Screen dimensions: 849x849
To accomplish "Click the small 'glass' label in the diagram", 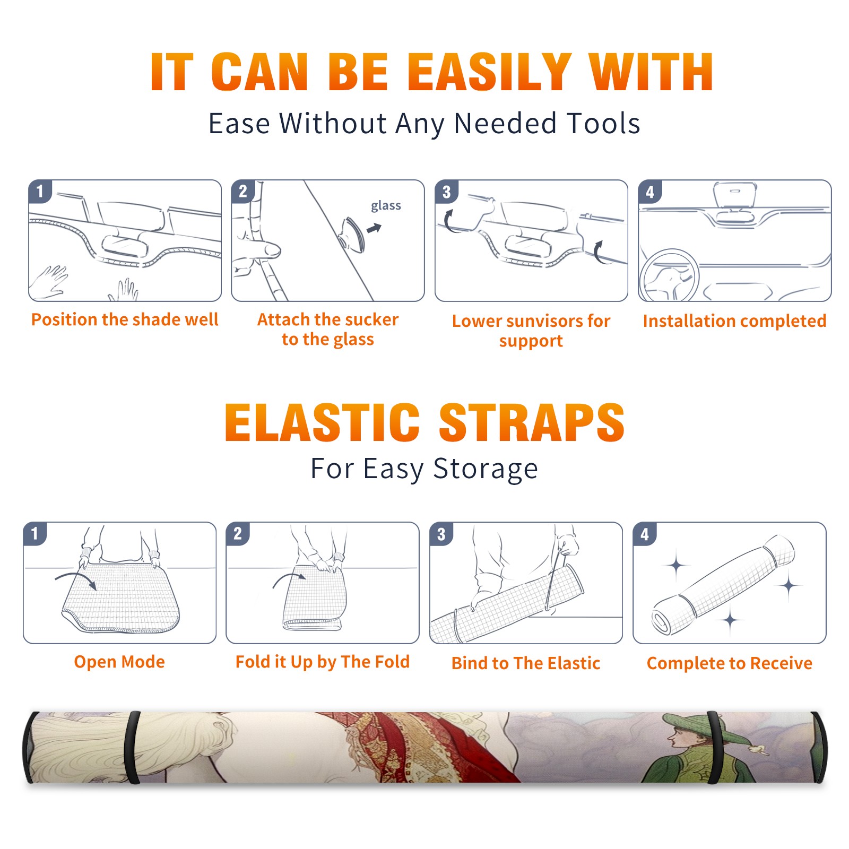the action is (x=386, y=206).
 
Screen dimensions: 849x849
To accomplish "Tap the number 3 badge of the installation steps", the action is (x=446, y=192).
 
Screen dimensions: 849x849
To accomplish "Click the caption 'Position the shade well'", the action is (x=125, y=319).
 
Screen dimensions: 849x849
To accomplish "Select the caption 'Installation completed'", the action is (x=734, y=320).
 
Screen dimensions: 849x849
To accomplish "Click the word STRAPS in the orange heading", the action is (x=532, y=422).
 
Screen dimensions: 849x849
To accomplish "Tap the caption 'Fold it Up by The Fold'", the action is (x=323, y=662).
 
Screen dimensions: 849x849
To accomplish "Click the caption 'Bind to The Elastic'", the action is (x=526, y=663).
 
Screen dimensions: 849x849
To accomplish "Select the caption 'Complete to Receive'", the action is (x=730, y=663).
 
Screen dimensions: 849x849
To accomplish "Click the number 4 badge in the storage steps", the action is (x=645, y=534).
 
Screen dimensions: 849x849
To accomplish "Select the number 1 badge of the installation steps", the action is (x=40, y=192).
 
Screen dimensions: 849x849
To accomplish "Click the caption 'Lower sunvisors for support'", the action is (x=531, y=331).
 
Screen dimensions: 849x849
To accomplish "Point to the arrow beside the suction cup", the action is (x=375, y=228).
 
